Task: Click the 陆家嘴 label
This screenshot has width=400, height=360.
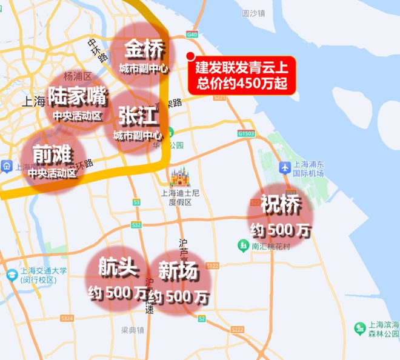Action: [x=77, y=96]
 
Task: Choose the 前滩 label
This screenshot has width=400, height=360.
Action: [x=50, y=152]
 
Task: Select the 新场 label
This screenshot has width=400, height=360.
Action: [x=178, y=272]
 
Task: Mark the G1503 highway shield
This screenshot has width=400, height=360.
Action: [x=247, y=133]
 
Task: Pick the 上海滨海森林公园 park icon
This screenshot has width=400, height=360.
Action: [x=359, y=328]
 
